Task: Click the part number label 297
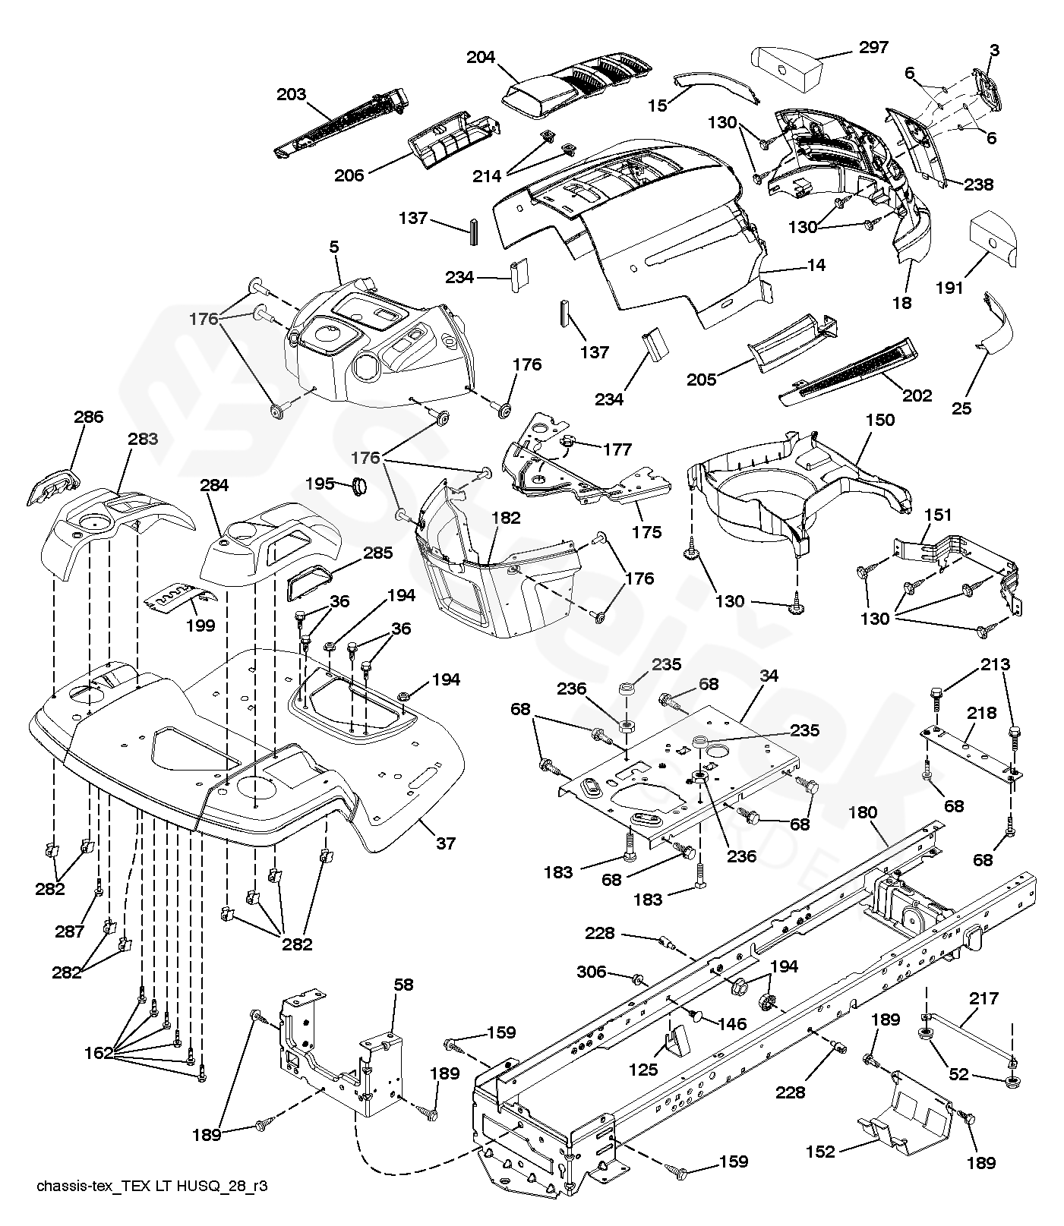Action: (x=873, y=47)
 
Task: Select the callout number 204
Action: (x=481, y=58)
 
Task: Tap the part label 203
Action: (x=291, y=95)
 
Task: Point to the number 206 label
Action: (x=349, y=175)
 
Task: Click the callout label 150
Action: (x=879, y=420)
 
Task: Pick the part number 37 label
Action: (x=446, y=843)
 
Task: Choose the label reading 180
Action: (x=862, y=812)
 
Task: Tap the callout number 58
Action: (x=403, y=985)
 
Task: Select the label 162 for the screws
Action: (x=99, y=1052)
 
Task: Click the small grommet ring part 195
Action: (x=361, y=485)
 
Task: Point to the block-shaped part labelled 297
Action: (x=788, y=68)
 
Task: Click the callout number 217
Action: (x=983, y=998)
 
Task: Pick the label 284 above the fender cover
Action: (x=216, y=484)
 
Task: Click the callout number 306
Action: (x=592, y=972)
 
